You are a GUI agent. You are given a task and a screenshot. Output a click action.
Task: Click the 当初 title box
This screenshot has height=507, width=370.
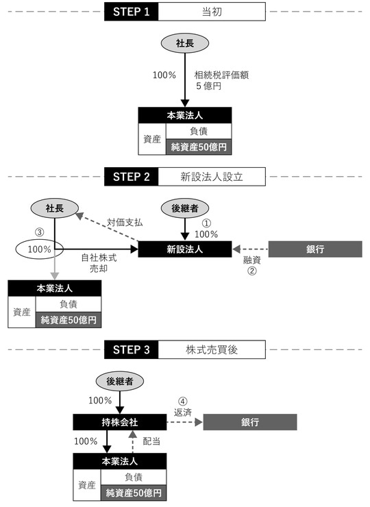coord(212,12)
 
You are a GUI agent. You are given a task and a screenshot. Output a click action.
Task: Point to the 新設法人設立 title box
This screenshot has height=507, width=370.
coord(212,176)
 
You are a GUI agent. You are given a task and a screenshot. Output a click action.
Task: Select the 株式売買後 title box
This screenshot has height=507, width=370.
coord(212,349)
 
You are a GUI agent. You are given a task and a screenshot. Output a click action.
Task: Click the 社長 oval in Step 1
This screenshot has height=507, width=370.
coord(185,43)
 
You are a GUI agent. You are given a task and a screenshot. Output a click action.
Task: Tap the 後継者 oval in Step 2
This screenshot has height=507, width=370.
coord(185,208)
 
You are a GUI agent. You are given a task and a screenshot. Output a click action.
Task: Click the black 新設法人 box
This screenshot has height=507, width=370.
coord(185,249)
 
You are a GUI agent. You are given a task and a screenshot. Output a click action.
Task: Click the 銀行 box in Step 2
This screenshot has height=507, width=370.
coord(314,249)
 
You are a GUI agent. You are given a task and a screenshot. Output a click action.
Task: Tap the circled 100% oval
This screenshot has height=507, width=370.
coord(40,249)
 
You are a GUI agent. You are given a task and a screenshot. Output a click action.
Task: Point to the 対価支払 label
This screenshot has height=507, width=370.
coord(125,223)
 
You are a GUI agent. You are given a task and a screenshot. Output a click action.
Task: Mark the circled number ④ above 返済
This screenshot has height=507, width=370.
coord(182,402)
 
